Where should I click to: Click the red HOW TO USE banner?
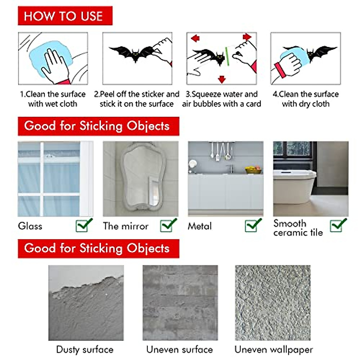pyautogui.click(x=65, y=16)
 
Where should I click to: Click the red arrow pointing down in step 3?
pyautogui.click(x=222, y=79)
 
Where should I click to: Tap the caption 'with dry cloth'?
pyautogui.click(x=305, y=104)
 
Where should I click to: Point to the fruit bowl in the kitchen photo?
pyautogui.click(x=253, y=170)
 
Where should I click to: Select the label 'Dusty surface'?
pyautogui.click(x=85, y=349)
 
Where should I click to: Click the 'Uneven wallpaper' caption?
pyautogui.click(x=273, y=349)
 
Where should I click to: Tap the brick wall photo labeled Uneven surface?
pyautogui.click(x=180, y=302)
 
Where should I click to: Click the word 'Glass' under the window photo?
pyautogui.click(x=30, y=226)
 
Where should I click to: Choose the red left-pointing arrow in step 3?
pyautogui.click(x=195, y=38)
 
